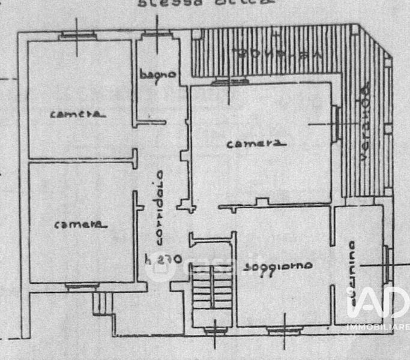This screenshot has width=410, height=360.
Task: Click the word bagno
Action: [x=158, y=75]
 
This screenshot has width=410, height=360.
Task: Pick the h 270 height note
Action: [x=158, y=260]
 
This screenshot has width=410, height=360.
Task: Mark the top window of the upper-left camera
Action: [x=78, y=35]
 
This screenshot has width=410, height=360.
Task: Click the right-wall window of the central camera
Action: [x=336, y=122]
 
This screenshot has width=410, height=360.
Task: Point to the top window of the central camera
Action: [x=229, y=82]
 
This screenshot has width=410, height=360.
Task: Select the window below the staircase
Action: [x=214, y=329]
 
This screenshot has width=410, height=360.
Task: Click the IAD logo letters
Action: [x=378, y=303]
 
